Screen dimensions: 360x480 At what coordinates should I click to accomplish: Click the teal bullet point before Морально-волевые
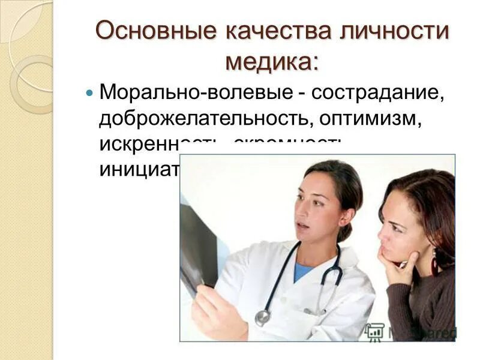tap(90, 94)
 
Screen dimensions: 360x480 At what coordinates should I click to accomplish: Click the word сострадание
tap(377, 94)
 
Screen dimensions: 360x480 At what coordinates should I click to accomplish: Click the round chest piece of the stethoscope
tap(263, 317)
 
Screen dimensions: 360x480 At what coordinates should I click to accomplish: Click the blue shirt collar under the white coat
tap(304, 272)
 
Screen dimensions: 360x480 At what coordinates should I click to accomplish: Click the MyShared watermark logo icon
tap(374, 331)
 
